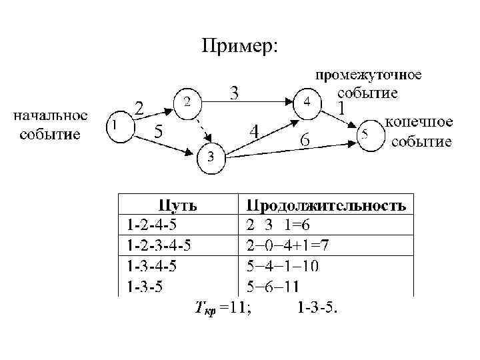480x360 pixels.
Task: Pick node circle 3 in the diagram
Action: click(x=210, y=157)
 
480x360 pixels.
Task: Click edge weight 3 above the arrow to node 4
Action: click(x=235, y=92)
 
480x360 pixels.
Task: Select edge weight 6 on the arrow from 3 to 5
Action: click(x=304, y=141)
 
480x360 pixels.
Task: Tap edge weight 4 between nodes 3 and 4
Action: click(x=254, y=132)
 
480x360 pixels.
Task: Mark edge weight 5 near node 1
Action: click(x=159, y=131)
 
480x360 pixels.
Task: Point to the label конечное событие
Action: click(x=419, y=131)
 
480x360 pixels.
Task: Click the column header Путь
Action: click(x=177, y=204)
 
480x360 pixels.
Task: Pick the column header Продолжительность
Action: click(x=326, y=204)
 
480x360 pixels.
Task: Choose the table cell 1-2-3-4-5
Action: click(x=159, y=246)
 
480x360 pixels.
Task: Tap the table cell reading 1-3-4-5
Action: click(x=152, y=267)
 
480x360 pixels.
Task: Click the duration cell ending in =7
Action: click(x=287, y=246)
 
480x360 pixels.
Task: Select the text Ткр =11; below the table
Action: click(x=223, y=307)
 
